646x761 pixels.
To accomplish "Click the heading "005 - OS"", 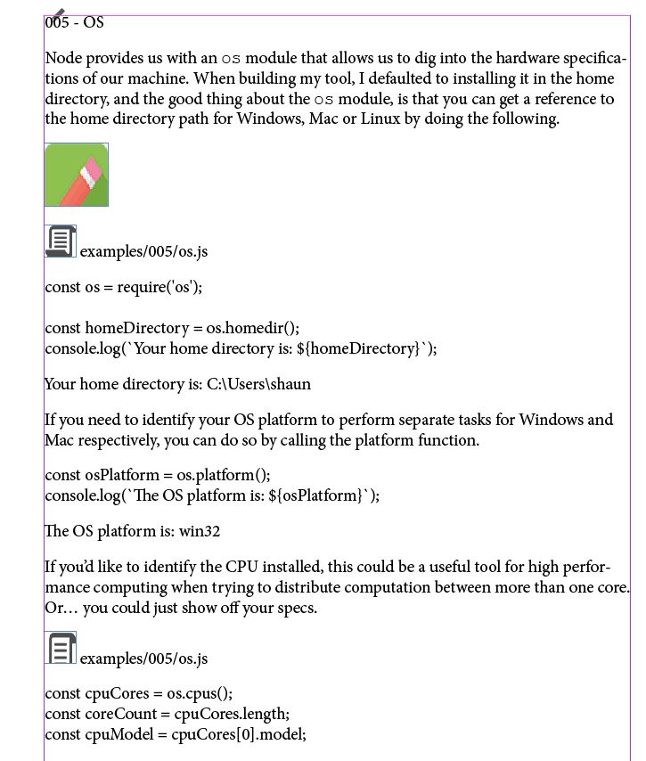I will tap(75, 22).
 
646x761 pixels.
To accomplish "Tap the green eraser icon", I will tap(77, 175).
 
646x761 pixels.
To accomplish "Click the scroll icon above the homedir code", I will tap(61, 241).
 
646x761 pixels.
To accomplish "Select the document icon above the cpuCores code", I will tap(61, 648).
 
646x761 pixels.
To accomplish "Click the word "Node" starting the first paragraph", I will tap(62, 59).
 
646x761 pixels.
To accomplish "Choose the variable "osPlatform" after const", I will tap(122, 475).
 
